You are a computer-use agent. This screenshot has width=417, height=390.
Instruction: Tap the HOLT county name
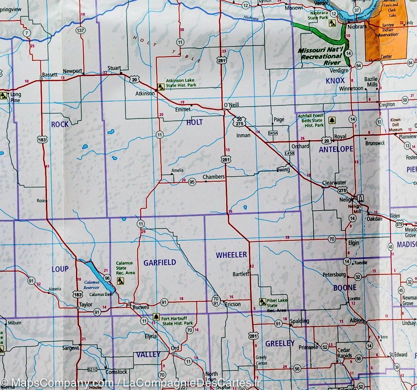(195, 122)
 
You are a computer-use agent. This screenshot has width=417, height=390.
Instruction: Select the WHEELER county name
(231, 255)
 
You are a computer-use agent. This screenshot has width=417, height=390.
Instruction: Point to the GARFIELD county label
(160, 263)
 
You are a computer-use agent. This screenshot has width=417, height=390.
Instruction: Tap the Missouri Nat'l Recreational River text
(321, 56)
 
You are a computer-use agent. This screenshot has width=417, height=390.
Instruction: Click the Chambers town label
(213, 177)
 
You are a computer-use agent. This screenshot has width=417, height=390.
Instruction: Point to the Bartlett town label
(241, 274)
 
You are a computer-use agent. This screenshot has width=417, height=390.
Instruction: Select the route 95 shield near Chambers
(192, 182)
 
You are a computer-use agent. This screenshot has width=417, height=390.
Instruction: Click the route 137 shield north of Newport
(81, 31)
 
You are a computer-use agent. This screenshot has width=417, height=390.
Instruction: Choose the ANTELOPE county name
(336, 149)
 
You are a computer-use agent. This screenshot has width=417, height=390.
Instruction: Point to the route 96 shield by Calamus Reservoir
(107, 278)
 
